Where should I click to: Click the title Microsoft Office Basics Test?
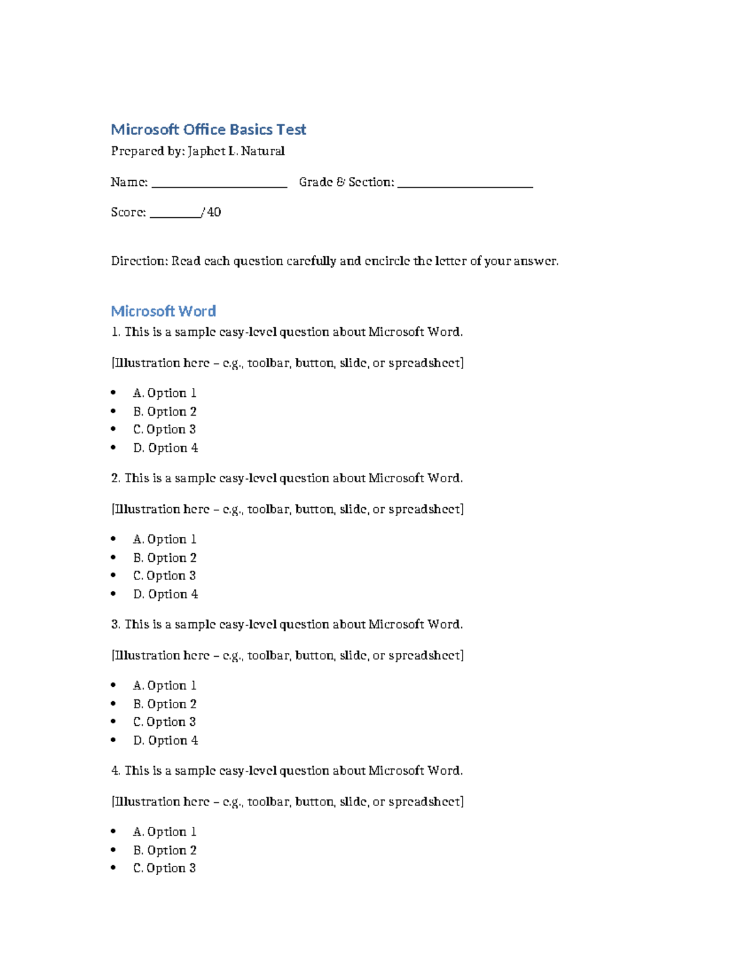coord(208,129)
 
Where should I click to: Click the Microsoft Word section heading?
coord(163,311)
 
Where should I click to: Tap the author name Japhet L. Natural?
coord(236,151)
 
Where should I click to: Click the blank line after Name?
coord(219,183)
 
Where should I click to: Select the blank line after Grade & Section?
coord(465,183)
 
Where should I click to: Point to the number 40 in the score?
coord(214,212)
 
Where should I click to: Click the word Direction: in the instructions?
coord(139,261)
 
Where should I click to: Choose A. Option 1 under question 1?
coord(165,393)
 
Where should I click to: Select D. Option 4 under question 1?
coord(165,448)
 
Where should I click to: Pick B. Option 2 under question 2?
coord(165,558)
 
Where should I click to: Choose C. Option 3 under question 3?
coord(165,722)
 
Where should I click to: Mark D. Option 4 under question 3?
coord(165,740)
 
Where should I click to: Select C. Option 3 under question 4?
coord(165,868)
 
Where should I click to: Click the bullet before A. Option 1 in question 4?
coord(114,831)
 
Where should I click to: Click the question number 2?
coord(115,478)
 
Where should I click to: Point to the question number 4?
coord(115,771)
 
